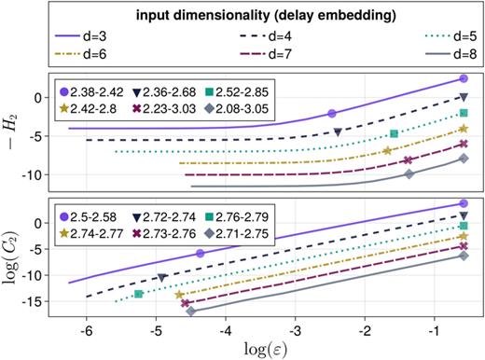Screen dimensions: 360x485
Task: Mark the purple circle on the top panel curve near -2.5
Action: (x=331, y=113)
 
